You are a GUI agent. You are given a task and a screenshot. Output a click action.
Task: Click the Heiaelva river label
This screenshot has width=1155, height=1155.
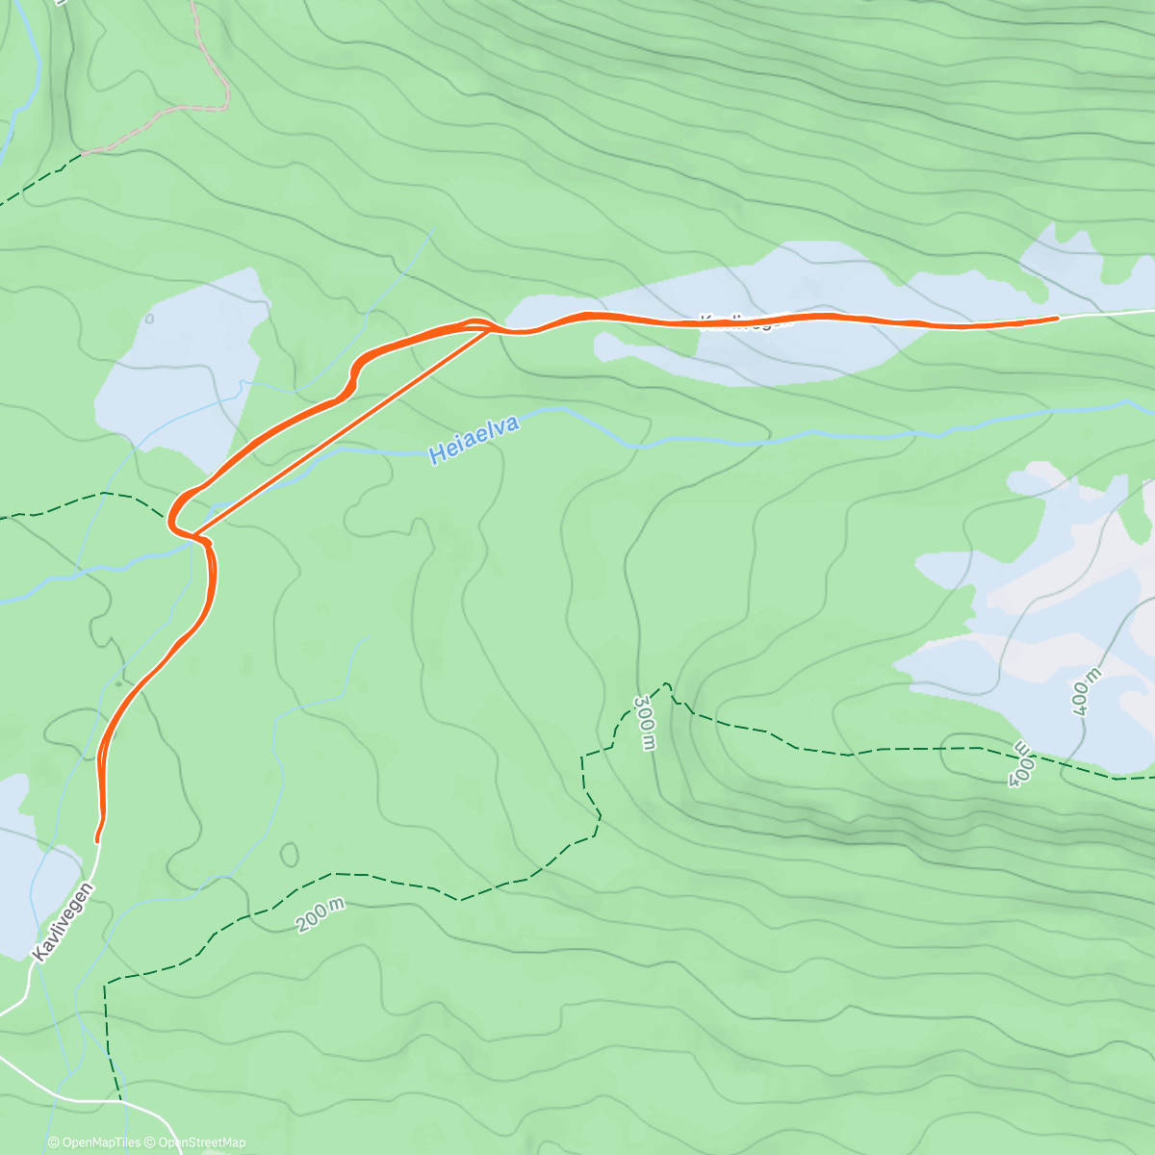tap(474, 440)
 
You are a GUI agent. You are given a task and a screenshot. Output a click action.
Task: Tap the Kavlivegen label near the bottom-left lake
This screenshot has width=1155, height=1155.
tap(64, 922)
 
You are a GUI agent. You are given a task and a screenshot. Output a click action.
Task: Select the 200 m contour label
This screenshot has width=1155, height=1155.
tap(320, 916)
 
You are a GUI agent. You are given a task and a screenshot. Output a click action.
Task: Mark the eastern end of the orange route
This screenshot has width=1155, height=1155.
tap(1057, 317)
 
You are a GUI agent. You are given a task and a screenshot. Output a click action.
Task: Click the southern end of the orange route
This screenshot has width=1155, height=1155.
tap(97, 839)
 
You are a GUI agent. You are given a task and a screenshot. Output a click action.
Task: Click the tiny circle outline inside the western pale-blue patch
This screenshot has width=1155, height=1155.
tap(150, 319)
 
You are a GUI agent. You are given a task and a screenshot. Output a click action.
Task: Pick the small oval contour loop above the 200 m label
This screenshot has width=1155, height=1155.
tap(289, 854)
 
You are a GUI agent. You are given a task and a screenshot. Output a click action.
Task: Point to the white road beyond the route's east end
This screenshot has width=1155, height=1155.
tap(1107, 313)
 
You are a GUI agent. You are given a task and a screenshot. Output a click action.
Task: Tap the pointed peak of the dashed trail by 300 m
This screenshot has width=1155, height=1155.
tap(665, 684)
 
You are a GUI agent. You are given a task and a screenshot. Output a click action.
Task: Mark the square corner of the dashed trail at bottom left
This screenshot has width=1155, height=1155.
tap(106, 982)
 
